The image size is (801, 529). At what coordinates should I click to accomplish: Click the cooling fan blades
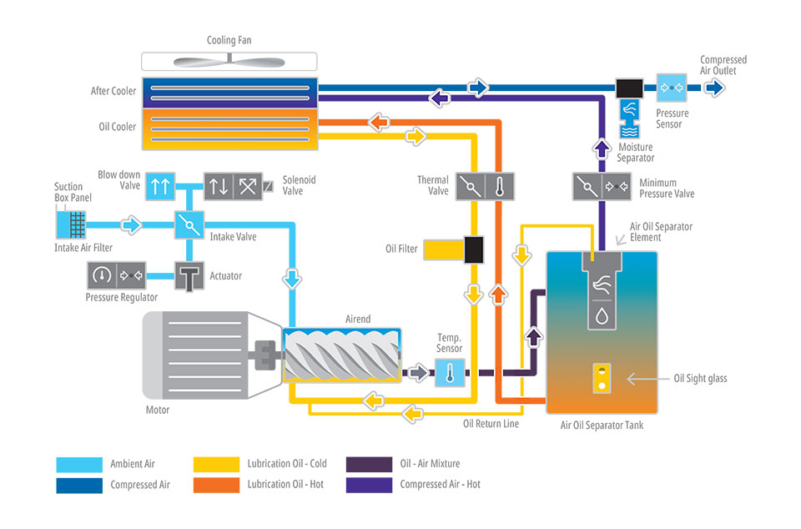[x=229, y=62]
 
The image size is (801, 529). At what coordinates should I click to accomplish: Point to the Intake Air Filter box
[x=70, y=223]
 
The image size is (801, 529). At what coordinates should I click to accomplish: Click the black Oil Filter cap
[x=474, y=249]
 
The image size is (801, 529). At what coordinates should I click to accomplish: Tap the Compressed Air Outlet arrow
[x=713, y=86]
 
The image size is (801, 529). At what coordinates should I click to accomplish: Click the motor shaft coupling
[x=268, y=355]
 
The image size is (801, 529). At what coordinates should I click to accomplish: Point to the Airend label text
[x=357, y=320]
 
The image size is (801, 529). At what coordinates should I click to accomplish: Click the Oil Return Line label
[x=491, y=424]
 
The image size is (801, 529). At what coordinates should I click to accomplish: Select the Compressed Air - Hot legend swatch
[x=368, y=484]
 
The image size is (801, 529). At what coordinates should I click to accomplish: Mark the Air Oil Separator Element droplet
[x=602, y=315]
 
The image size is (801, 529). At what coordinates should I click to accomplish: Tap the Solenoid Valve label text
[x=299, y=185]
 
